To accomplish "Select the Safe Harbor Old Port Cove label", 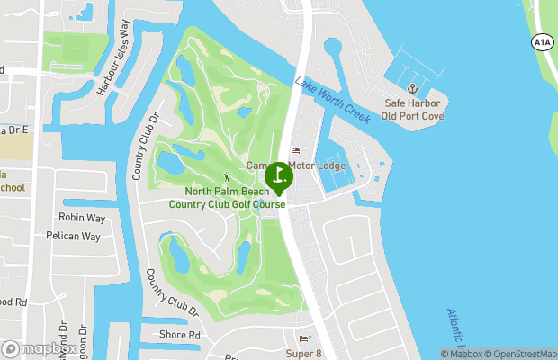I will click(413, 109).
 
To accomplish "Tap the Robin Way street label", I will click(82, 218).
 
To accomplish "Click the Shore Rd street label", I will click(181, 335).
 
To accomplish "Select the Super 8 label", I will click(303, 353).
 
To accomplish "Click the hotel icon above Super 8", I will click(303, 339).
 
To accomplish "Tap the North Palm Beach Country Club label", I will click(227, 198).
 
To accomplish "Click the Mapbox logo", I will click(38, 348).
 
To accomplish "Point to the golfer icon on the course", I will click(227, 176).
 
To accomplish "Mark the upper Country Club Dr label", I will click(145, 147).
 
